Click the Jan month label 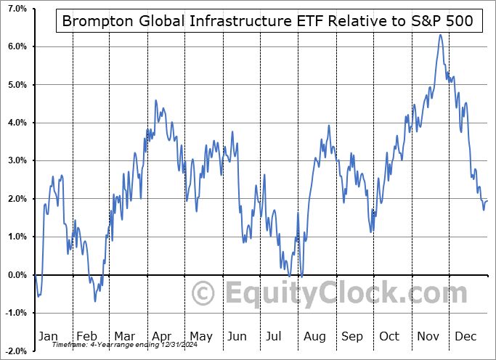pos(47,336)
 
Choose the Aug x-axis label pos(314,336)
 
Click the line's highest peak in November pos(440,35)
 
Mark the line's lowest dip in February pos(94,301)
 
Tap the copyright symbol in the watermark pos(203,294)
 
